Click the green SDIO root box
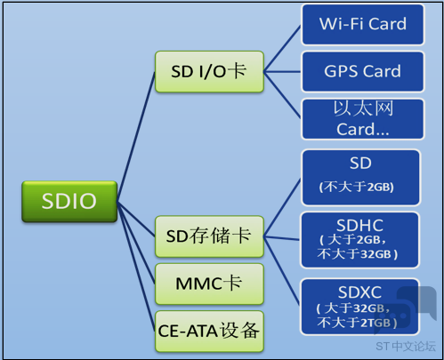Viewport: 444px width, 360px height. tap(69, 201)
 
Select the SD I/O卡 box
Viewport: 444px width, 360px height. tap(209, 72)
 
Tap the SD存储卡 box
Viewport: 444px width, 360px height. tap(209, 236)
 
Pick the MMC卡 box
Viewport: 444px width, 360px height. tap(209, 284)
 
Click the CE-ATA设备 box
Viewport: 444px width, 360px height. tap(209, 332)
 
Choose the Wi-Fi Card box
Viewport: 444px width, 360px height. tap(363, 24)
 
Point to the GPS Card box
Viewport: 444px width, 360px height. tap(363, 72)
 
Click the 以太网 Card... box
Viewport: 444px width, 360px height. tap(363, 119)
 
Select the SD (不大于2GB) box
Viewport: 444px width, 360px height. tap(360, 178)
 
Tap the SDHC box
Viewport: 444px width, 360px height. tap(359, 240)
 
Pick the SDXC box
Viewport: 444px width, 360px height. tap(359, 307)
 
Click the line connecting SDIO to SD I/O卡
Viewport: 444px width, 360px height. tap(136, 137)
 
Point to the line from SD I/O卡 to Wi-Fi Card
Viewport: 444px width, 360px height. tap(282, 49)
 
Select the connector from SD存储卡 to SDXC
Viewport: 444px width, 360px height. tap(281, 270)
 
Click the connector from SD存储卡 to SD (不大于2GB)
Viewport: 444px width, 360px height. tap(282, 208)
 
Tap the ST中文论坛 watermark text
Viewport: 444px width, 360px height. tap(406, 346)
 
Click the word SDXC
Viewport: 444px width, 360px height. tap(359, 292)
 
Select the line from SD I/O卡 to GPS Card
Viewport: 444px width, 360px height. tap(282, 72)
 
